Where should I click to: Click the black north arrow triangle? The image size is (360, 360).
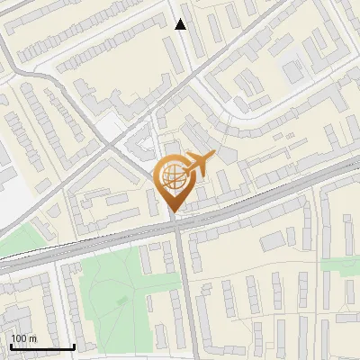coord(181,24)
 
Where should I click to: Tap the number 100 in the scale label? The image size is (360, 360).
coord(19,338)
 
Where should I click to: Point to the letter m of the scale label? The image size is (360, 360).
coord(32,338)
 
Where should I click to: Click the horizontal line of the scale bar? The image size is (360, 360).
coord(42,347)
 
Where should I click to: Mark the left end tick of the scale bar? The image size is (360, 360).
coord(11,346)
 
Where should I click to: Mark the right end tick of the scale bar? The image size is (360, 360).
coord(74,346)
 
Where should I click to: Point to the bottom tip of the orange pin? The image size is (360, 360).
coord(173,213)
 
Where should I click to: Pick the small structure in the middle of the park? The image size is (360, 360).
coord(121,300)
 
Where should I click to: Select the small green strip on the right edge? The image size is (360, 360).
coord(340,264)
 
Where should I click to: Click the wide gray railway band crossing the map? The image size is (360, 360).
coord(90,246)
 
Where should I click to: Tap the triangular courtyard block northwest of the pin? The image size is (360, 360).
coord(142,146)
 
